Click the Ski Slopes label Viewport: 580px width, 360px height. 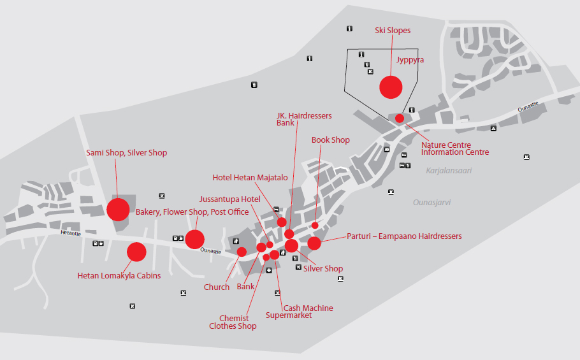[393, 31]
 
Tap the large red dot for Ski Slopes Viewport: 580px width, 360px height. [391, 87]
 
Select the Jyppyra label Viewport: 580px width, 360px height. [410, 60]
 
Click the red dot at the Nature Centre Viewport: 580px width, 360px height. [400, 119]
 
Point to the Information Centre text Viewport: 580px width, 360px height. [455, 152]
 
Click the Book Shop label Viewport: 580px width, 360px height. [330, 140]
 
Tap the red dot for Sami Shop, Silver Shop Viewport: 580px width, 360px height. [118, 210]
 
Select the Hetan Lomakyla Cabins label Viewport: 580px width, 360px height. [119, 276]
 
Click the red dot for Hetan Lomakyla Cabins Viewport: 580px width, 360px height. [136, 252]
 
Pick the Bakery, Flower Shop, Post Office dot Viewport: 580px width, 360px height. [194, 240]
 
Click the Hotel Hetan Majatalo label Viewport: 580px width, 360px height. [250, 178]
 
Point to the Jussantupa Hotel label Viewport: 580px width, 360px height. [229, 199]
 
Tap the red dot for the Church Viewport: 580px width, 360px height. [242, 252]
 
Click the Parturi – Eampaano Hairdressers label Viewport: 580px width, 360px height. [404, 236]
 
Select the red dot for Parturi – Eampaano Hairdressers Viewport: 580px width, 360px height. [314, 243]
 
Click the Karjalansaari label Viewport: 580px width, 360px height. [449, 171]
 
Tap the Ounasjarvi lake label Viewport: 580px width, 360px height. [431, 203]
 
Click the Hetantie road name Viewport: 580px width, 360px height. [71, 233]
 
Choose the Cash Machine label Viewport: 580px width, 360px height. [308, 308]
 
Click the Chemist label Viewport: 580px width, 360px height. [234, 318]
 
